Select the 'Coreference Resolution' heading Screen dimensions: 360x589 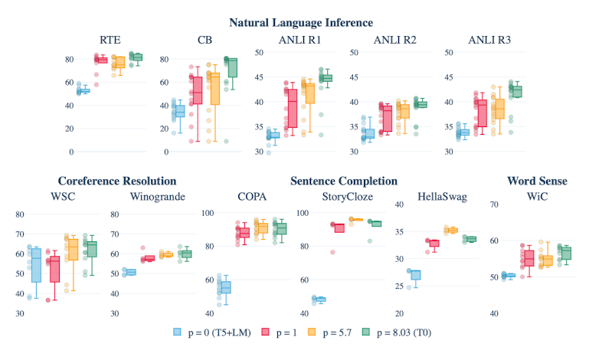(117, 181)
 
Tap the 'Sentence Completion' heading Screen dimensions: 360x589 (343, 181)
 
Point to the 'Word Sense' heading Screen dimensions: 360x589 (537, 181)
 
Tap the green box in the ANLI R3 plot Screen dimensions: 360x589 (518, 91)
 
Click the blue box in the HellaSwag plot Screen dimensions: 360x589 (415, 274)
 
